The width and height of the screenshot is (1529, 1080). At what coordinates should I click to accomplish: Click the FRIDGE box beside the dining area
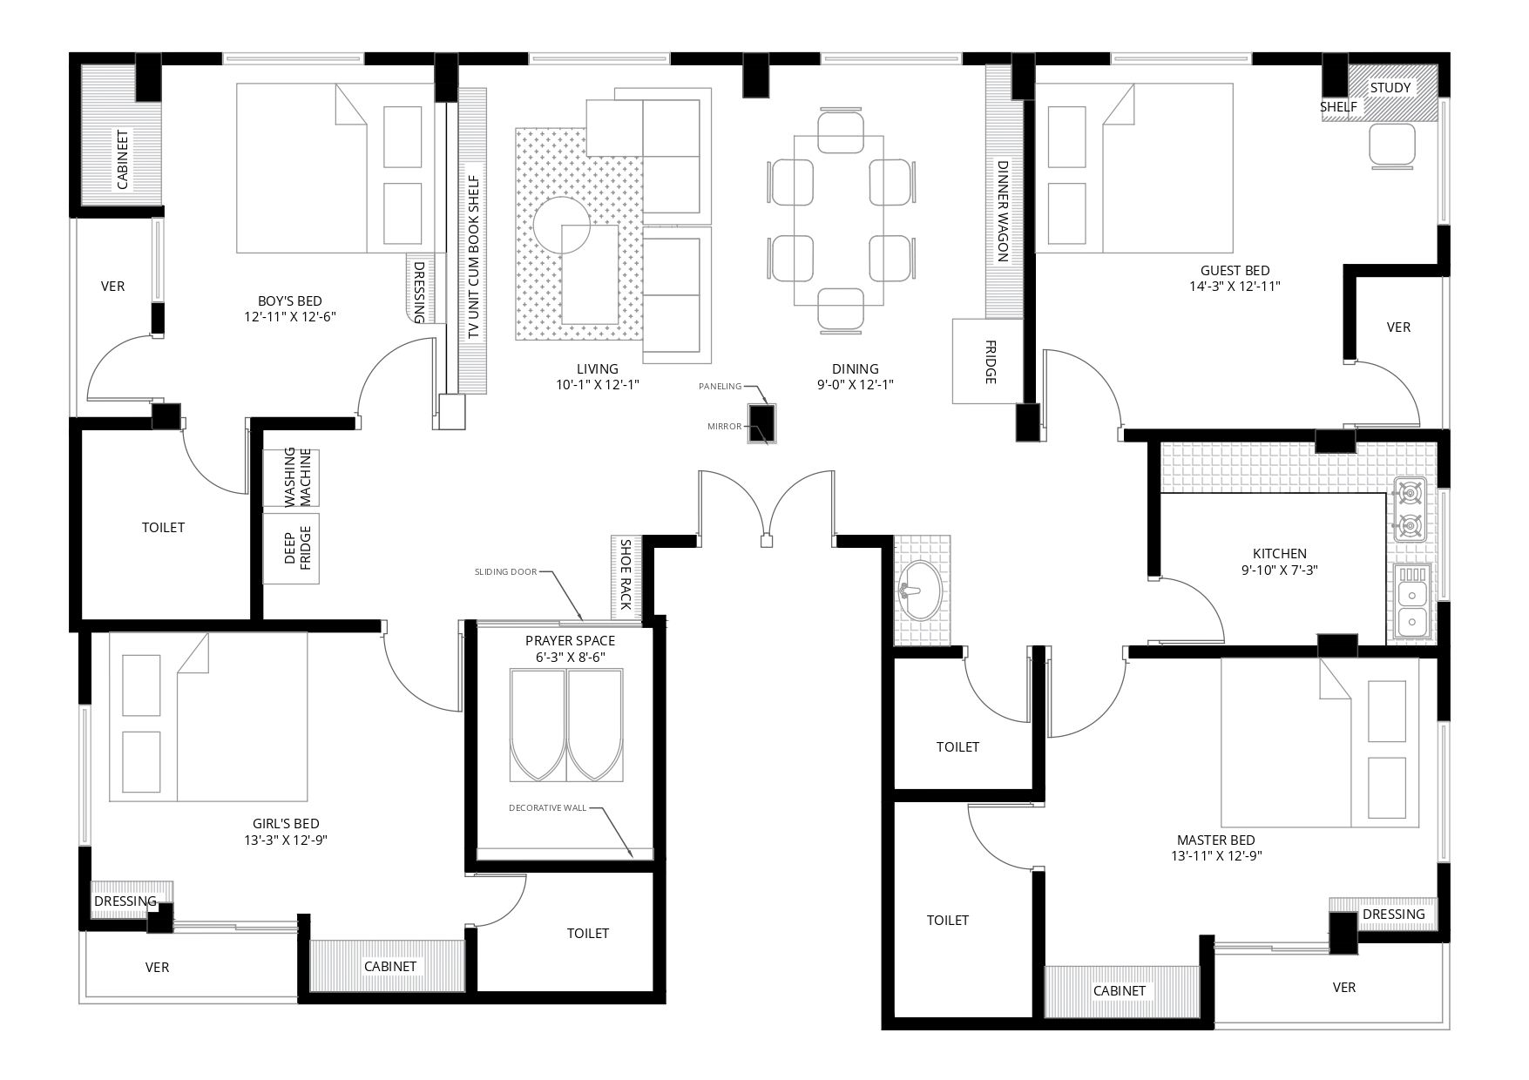tap(987, 361)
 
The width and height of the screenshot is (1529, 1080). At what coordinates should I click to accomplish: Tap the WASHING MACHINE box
tap(291, 477)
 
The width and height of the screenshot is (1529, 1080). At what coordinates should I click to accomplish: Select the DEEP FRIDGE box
tap(291, 549)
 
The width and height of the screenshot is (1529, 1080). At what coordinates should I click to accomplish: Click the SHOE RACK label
tap(626, 574)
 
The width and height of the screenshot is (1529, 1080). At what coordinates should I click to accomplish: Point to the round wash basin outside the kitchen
tap(919, 590)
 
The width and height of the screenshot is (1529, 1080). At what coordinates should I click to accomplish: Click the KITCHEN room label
tap(1280, 553)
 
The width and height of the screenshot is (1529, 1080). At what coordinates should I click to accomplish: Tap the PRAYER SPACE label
tap(570, 641)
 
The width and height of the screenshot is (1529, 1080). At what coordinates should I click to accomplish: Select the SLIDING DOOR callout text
tap(506, 572)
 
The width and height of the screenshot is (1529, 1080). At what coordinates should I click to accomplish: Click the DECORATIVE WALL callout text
tap(548, 808)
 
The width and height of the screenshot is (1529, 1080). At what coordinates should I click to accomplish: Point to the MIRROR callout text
tap(725, 427)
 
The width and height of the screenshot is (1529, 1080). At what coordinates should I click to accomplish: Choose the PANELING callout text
tap(720, 386)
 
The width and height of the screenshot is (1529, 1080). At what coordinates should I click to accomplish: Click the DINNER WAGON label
tap(1002, 212)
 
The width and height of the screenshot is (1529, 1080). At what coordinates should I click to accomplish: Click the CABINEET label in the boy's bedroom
tap(123, 160)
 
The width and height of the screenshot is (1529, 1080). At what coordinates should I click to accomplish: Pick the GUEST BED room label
tap(1235, 271)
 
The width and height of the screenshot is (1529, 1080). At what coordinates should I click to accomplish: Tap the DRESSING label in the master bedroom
tap(1394, 914)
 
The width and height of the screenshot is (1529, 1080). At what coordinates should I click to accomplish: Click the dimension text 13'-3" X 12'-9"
tap(286, 840)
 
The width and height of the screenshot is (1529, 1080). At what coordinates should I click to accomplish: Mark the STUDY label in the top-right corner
tap(1390, 88)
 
